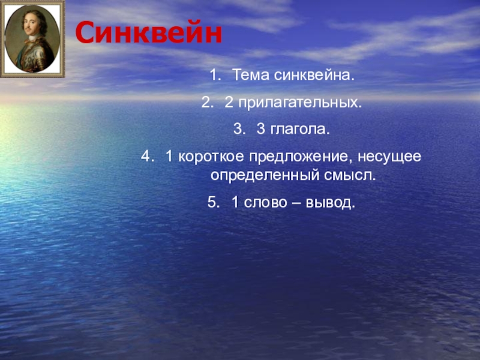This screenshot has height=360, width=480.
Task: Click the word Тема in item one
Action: click(251, 76)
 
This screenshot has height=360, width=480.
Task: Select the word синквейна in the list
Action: click(315, 76)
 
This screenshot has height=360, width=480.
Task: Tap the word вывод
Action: click(331, 203)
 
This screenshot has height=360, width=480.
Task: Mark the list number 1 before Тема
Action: click(214, 76)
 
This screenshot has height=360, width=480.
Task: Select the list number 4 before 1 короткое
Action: click(146, 157)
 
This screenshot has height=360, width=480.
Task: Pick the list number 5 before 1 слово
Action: click(212, 203)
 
